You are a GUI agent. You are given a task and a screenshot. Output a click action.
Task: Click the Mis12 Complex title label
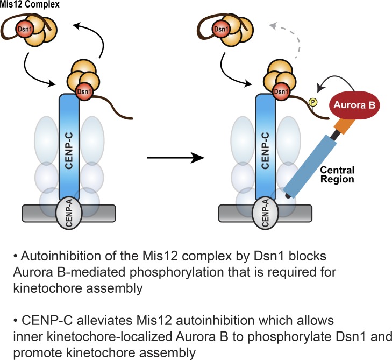30,5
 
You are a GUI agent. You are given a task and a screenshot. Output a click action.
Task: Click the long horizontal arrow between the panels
176,158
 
